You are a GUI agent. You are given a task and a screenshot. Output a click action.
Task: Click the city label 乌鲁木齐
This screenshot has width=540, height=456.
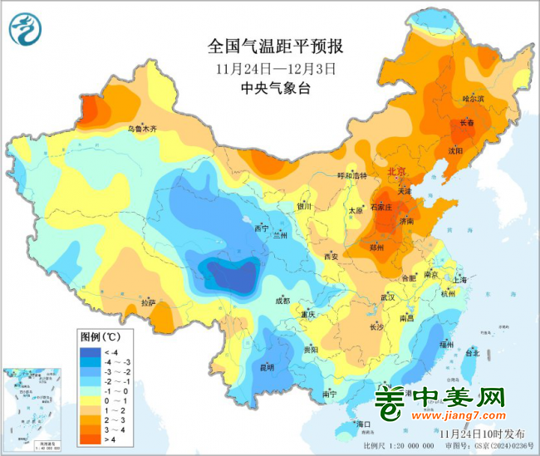pos(142,129)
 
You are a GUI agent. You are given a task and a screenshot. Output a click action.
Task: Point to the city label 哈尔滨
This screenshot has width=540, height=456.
pos(473,99)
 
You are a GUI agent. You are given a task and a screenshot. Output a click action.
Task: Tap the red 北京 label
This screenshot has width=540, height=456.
pos(397,171)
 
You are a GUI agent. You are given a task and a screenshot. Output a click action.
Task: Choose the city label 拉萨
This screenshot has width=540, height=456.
pos(147,302)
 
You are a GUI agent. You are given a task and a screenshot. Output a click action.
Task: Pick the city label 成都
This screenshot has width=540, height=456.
pos(282,301)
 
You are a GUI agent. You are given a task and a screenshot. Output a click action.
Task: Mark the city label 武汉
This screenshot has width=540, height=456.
pos(387,297)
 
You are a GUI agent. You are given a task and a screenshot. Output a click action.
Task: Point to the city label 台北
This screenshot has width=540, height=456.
pos(470,353)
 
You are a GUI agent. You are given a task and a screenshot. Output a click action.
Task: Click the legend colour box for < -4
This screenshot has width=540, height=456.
pos(88,352)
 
